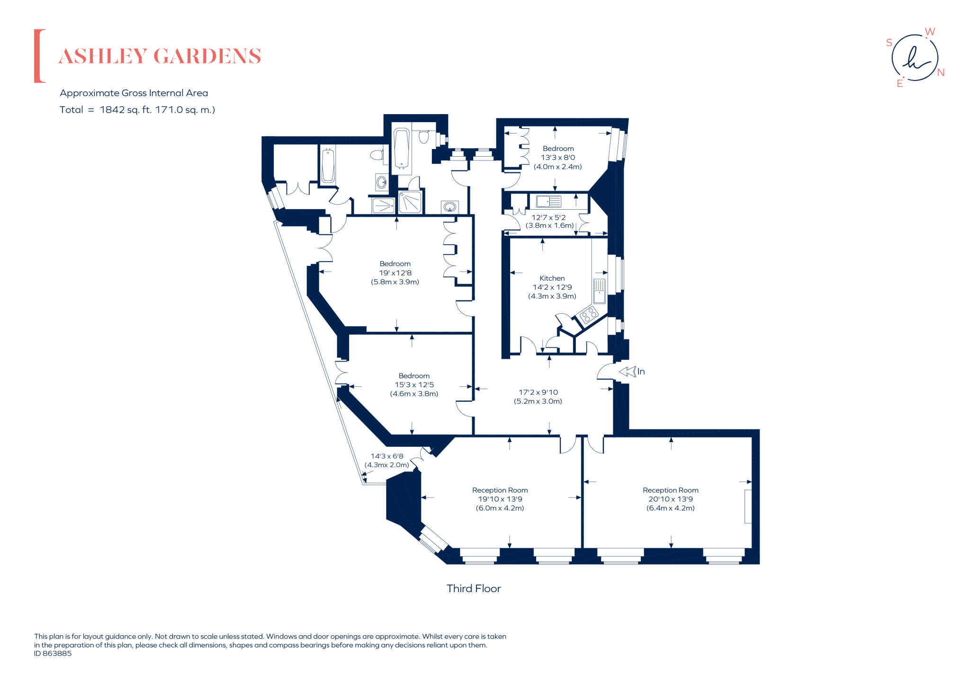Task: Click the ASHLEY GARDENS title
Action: tap(160, 56)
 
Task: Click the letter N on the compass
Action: tap(941, 72)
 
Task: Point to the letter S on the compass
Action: tap(889, 43)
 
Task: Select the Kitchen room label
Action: tap(552, 278)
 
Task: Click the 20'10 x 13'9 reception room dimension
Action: tap(670, 499)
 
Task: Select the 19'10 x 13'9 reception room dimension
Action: tap(500, 499)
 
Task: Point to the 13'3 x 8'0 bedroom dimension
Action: tap(557, 158)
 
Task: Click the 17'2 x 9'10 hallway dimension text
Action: tap(538, 392)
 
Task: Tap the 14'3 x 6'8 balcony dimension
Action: tap(386, 456)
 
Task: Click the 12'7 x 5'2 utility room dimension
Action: tap(548, 218)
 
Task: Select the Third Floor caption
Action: tap(473, 588)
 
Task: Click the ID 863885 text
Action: tap(53, 654)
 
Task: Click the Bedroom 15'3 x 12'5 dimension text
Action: tap(414, 385)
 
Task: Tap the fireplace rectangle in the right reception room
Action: tap(747, 506)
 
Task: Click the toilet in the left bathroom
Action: tap(377, 155)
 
